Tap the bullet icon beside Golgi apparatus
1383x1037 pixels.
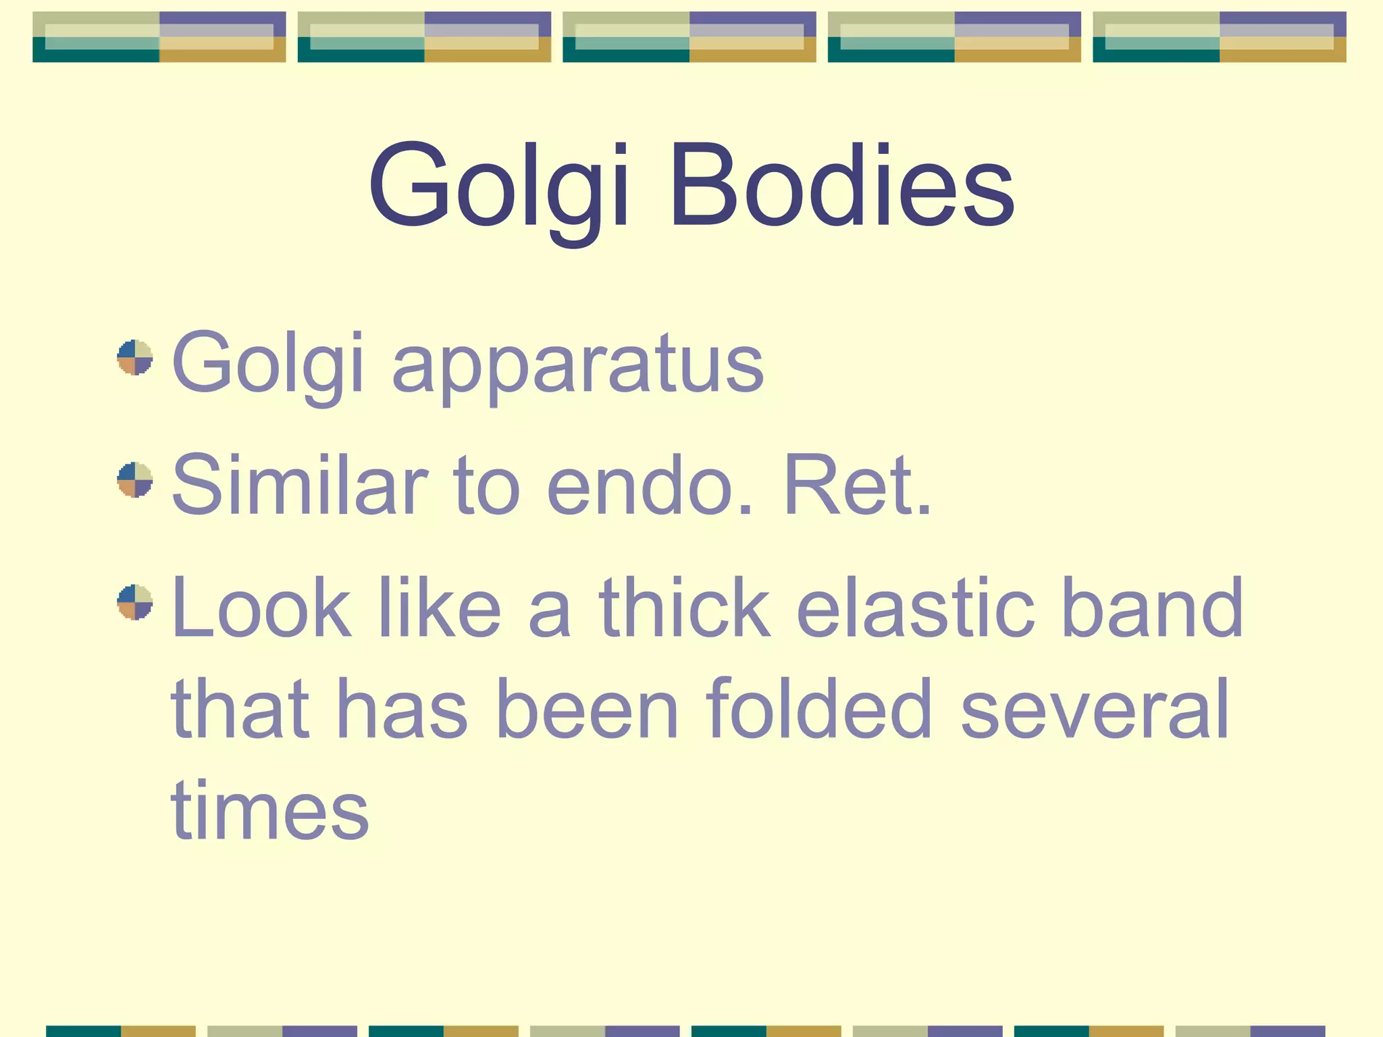135,357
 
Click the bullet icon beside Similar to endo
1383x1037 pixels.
135,479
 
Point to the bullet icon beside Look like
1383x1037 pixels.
135,602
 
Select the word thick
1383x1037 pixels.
684,608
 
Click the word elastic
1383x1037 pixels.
916,608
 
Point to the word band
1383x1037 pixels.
1152,608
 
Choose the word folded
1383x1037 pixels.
819,709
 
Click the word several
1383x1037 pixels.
1095,709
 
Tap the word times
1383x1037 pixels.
270,810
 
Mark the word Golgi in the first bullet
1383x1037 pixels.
269,365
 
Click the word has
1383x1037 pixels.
401,709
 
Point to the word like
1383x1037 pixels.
440,608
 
